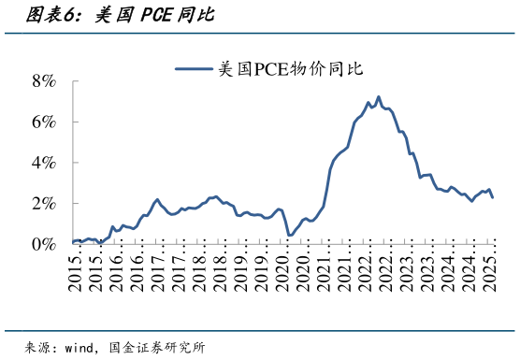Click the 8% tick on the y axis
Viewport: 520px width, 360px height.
(44, 81)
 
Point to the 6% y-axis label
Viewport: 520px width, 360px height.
(44, 122)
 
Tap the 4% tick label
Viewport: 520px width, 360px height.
(44, 163)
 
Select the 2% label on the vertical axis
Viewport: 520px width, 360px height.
(44, 204)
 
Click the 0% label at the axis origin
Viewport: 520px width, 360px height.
(44, 244)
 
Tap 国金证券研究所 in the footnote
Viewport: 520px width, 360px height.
(156, 347)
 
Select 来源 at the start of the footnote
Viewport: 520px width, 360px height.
(38, 347)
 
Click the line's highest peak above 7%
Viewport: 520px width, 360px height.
(378, 96)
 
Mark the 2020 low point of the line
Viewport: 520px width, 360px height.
(289, 235)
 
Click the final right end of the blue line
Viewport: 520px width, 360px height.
(493, 197)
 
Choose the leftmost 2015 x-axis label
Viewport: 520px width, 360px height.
(75, 266)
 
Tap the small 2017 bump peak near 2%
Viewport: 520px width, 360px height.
(157, 199)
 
